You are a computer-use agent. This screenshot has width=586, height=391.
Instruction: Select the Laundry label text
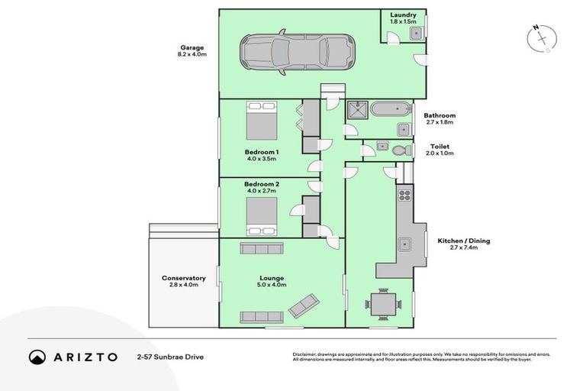[402, 15]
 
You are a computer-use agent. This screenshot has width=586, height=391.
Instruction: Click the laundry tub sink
[415, 33]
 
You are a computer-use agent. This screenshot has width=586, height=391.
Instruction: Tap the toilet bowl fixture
[401, 151]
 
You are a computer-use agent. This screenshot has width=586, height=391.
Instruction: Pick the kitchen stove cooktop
[404, 195]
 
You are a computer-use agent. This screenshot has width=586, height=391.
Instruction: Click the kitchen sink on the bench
[404, 246]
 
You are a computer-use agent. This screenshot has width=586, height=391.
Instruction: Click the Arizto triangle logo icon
[37, 357]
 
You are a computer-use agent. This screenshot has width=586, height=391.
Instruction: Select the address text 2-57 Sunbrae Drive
[170, 357]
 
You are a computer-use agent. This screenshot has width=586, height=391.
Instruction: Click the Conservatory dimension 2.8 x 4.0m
[183, 285]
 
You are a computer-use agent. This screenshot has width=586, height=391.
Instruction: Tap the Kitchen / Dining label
[463, 241]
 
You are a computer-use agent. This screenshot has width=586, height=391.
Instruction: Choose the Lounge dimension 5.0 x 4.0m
[272, 285]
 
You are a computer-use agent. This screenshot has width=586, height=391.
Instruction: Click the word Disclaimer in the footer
[305, 354]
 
